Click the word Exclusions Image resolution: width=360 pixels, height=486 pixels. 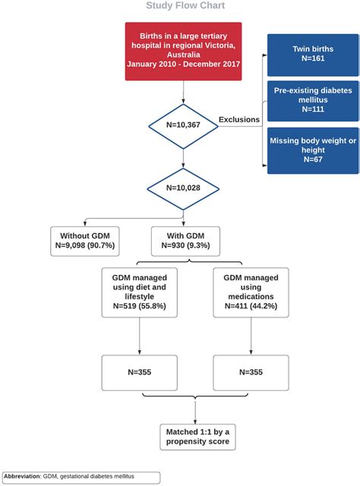(239, 119)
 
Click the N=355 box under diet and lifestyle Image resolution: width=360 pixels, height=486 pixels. (138, 372)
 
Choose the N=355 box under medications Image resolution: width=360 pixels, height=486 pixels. (250, 372)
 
